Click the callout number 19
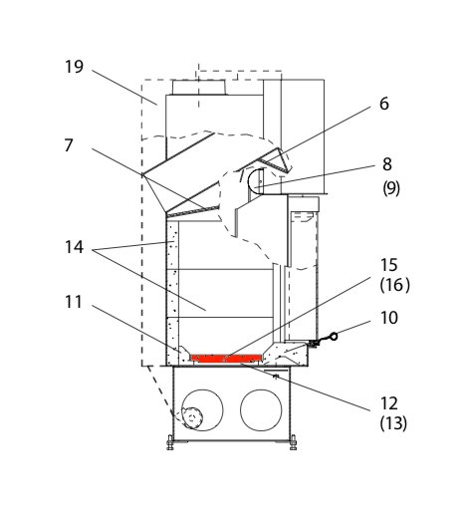[x=74, y=67]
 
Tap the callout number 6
[x=384, y=104]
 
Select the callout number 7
[x=69, y=145]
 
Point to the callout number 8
[x=387, y=164]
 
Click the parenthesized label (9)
[x=391, y=188]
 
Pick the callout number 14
[x=74, y=247]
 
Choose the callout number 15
[x=389, y=265]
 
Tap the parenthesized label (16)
[x=394, y=285]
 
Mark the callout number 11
[x=74, y=302]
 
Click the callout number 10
[x=389, y=318]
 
